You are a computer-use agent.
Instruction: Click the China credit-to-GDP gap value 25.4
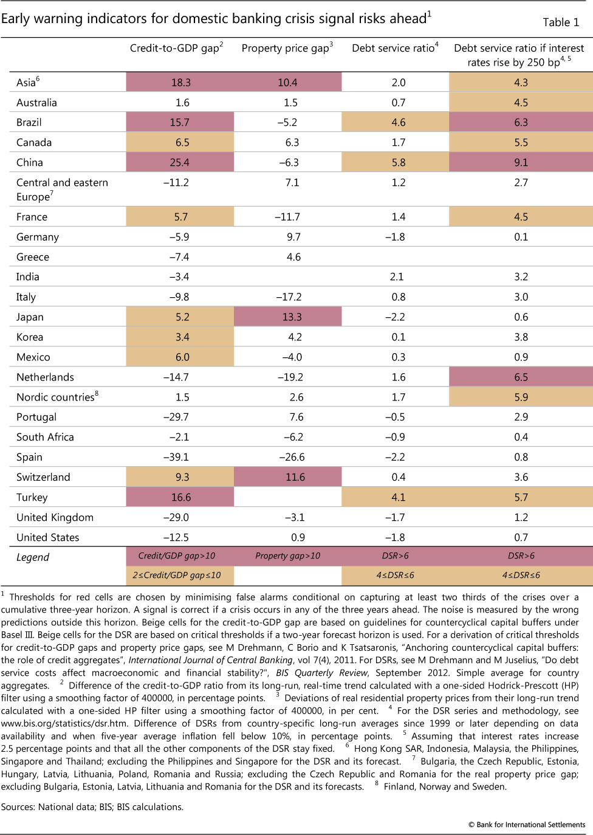coord(180,162)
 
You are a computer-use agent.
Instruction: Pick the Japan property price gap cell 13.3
coord(292,317)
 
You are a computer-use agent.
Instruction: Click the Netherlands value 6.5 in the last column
coord(521,377)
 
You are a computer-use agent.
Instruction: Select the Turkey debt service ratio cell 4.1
coord(398,497)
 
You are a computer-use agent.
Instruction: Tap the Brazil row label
coord(29,122)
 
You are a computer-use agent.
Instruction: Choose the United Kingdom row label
coord(55,517)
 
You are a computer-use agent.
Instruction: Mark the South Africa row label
coord(45,437)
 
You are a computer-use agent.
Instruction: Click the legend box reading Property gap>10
coord(287,555)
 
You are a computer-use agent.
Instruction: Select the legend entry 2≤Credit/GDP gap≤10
coord(177,575)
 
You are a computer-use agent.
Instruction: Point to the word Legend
coord(33,557)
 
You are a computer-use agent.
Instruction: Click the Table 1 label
coord(560,22)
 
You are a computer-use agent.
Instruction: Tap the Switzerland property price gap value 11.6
coord(295,477)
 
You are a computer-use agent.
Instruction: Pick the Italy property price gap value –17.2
coord(289,297)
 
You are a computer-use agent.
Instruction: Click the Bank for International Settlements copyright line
coord(526,825)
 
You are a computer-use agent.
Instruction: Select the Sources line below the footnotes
coord(92,807)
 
